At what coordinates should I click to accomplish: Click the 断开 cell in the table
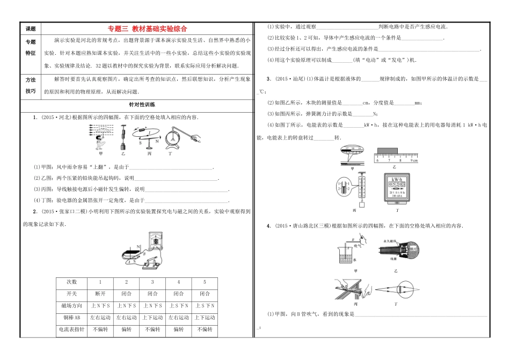tap(99, 293)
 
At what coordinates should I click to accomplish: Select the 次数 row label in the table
tap(72, 282)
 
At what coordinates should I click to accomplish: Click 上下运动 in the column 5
tap(205, 318)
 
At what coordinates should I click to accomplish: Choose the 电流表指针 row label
tap(72, 330)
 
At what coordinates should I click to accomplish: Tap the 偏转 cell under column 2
tap(126, 330)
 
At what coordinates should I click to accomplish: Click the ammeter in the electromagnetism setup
tap(155, 241)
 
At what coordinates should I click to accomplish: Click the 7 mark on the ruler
tap(388, 160)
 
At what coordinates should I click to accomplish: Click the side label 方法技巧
tap(30, 85)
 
